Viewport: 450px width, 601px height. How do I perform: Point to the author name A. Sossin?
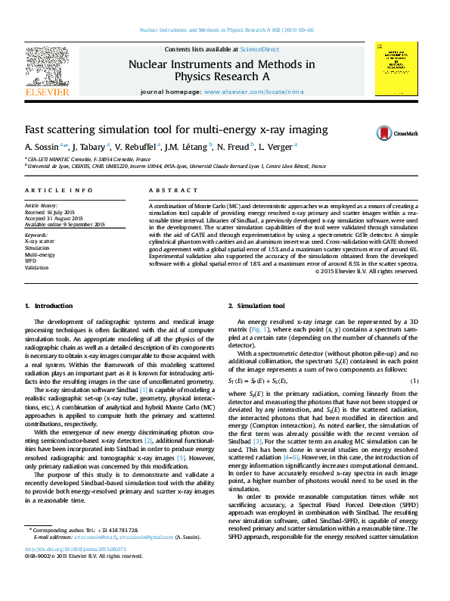[x=42, y=148]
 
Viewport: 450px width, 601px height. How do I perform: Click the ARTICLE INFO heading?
[x=59, y=191]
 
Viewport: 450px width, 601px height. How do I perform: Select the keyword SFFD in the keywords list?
[x=31, y=261]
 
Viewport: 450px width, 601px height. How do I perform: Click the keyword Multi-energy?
[x=40, y=254]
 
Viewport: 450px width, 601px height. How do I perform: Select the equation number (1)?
[x=414, y=380]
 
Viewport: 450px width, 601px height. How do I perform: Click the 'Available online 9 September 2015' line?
[x=65, y=225]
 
